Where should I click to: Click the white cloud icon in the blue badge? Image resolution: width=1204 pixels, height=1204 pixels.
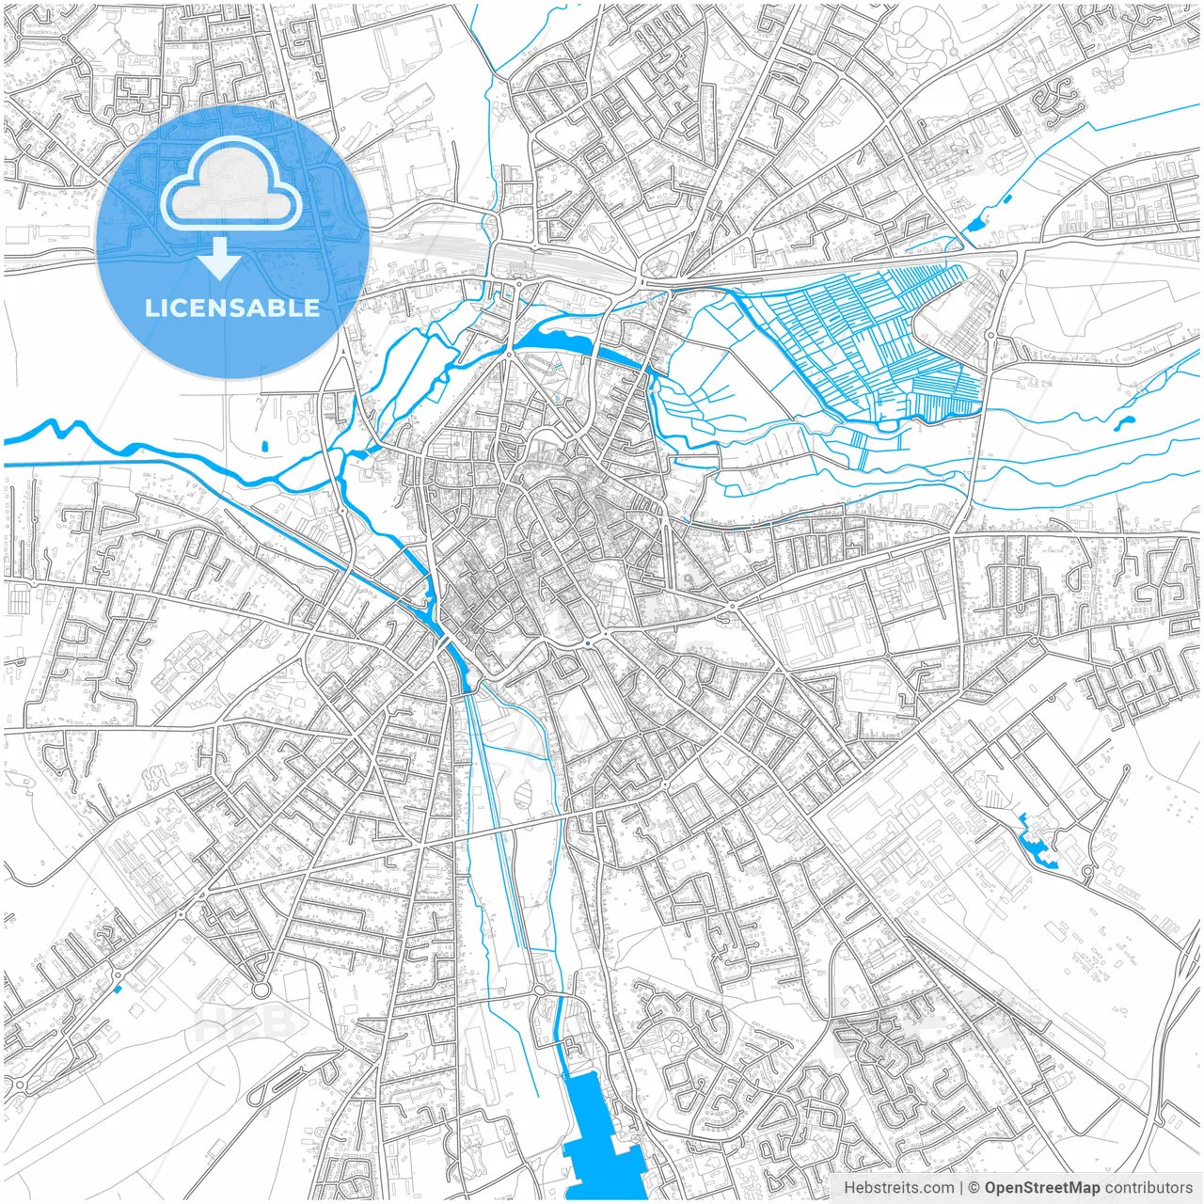pos(231,182)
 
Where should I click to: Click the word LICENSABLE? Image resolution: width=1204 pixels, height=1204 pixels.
pos(231,308)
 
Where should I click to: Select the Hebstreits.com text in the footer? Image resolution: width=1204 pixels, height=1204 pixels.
pos(898,1188)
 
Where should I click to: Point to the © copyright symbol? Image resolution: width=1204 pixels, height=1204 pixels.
pos(974,1188)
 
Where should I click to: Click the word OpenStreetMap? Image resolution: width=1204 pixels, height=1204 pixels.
pos(1041,1188)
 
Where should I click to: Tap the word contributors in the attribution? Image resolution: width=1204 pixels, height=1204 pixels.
pos(1149,1188)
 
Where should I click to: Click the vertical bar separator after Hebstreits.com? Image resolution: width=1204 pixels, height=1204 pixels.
pos(961,1188)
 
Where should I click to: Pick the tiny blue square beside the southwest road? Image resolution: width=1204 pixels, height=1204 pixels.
pos(117,989)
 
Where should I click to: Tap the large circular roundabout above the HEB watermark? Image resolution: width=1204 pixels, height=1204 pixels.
pos(261,990)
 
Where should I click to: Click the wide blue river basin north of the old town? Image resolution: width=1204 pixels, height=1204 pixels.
pos(555,337)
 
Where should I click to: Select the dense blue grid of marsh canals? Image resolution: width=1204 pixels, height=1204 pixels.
pos(865,339)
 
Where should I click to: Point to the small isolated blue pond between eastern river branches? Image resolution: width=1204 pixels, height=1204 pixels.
pos(1124,422)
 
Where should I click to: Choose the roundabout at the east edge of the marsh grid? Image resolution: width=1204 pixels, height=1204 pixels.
pos(990,334)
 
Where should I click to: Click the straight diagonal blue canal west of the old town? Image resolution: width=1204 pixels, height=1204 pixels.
pos(367,564)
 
